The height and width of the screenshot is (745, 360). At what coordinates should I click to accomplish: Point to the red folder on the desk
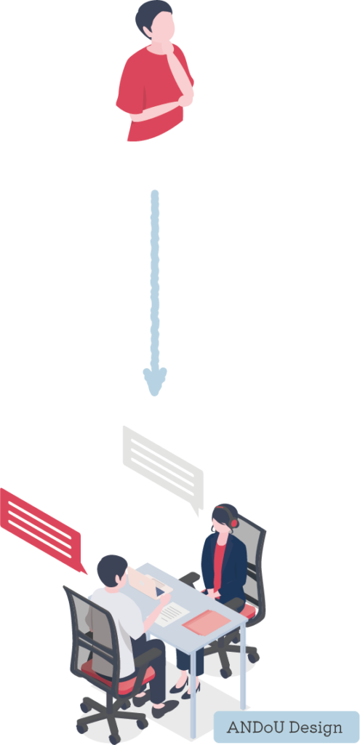[207, 622]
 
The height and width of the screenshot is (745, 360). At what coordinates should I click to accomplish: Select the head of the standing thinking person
[156, 20]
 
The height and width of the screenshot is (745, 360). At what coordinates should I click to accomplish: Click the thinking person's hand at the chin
[168, 47]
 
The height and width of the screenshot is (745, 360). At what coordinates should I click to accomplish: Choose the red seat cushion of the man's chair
[119, 674]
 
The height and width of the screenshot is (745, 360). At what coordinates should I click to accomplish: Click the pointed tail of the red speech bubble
[83, 568]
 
